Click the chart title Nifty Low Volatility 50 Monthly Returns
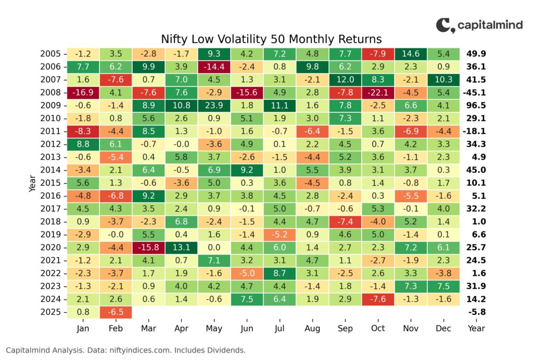(271, 39)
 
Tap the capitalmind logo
(479, 25)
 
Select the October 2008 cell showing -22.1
(378, 93)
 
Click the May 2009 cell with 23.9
(214, 105)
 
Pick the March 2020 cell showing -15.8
(148, 247)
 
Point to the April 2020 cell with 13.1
(181, 247)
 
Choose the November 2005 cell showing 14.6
(411, 54)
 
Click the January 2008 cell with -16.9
(83, 93)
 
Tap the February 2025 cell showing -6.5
(116, 312)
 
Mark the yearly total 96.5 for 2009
(476, 105)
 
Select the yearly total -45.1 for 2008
(474, 93)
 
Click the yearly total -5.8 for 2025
(477, 312)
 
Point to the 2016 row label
(50, 196)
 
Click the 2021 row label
(50, 260)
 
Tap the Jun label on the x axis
(247, 328)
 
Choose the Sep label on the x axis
(345, 328)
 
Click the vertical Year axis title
(32, 183)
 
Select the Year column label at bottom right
(476, 328)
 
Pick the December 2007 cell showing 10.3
(443, 80)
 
